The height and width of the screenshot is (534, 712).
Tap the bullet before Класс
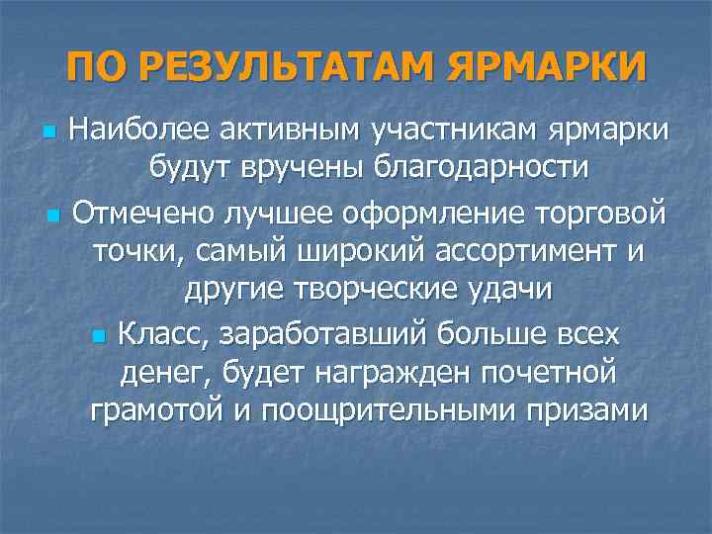point(96,337)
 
